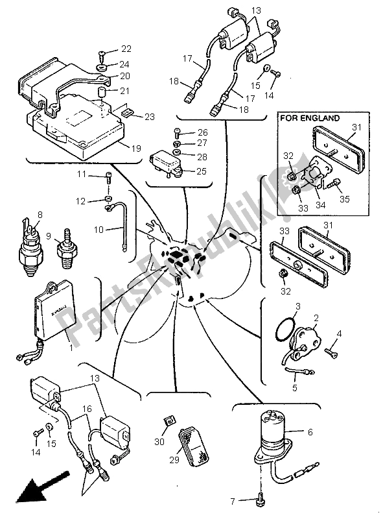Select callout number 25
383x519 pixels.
[202, 171]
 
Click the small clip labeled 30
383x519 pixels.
[168, 422]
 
